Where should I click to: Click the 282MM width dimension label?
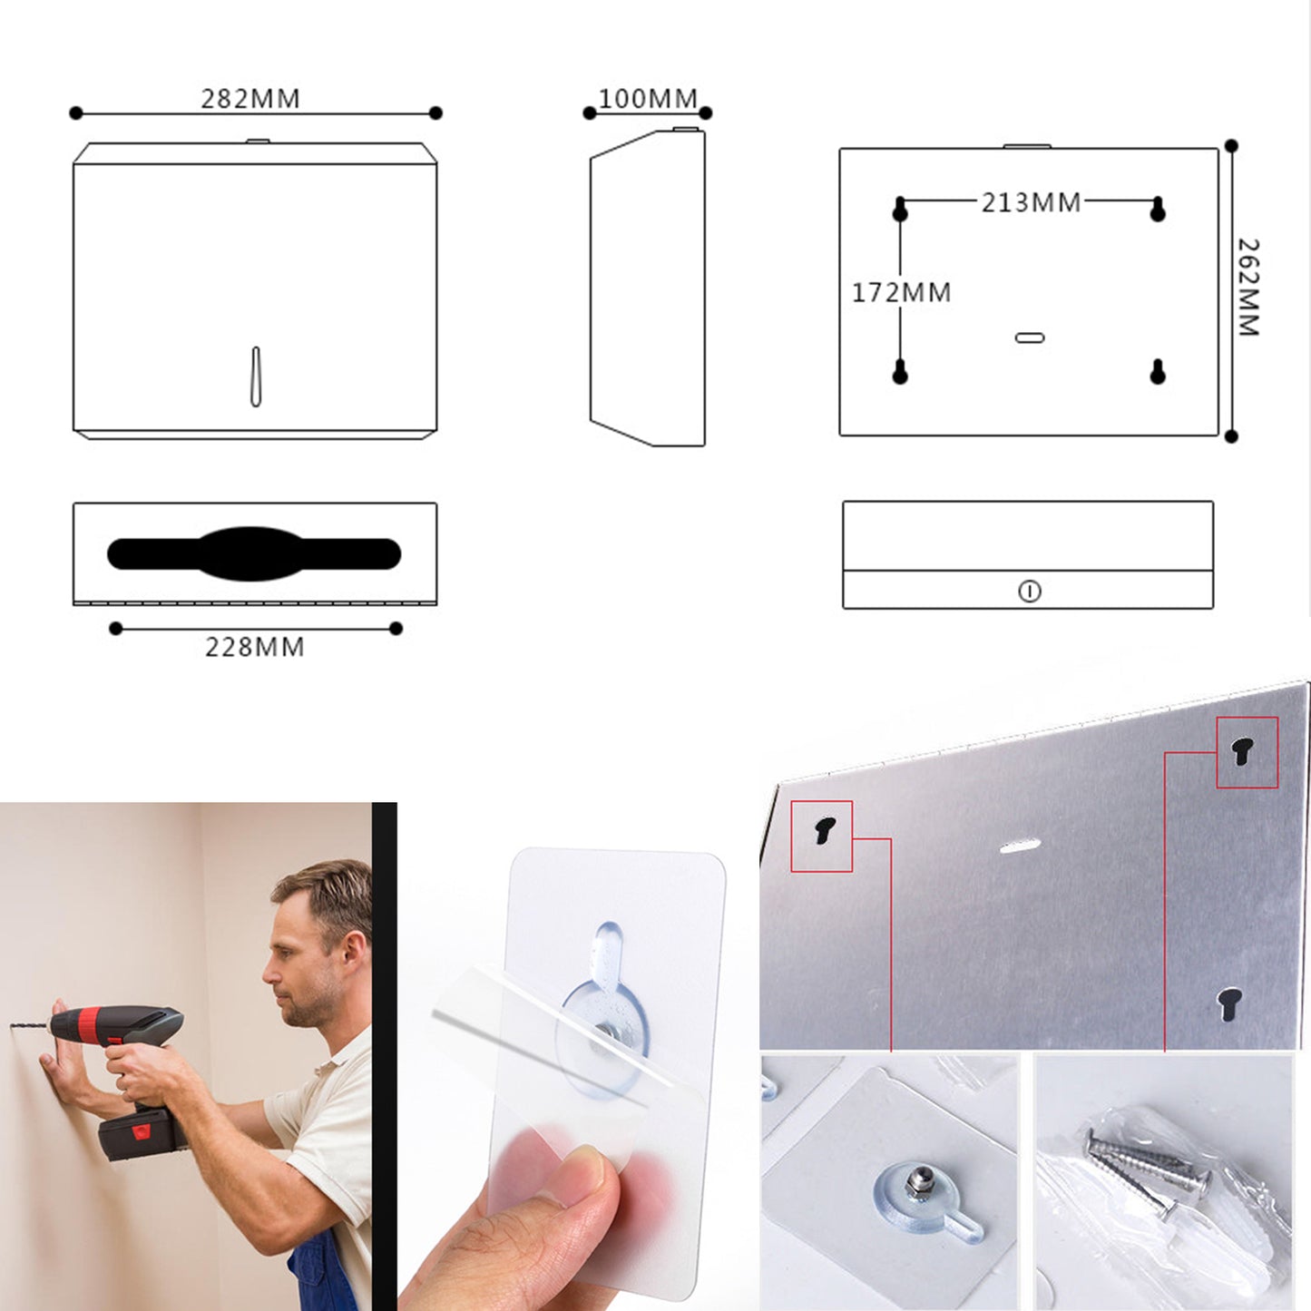click(250, 99)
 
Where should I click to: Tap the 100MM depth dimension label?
click(648, 99)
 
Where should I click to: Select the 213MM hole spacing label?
click(1031, 202)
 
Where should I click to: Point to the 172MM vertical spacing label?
click(902, 292)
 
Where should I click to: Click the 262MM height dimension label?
click(1248, 287)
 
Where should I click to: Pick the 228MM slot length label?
click(254, 647)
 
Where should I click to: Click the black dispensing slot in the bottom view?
click(254, 553)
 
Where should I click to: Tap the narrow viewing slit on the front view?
click(256, 377)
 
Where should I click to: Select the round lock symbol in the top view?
click(1030, 592)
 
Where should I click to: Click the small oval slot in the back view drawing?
click(1030, 338)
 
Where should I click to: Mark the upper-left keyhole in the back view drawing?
click(900, 209)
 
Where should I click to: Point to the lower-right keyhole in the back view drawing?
click(1158, 371)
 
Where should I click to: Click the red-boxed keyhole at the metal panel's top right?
click(1243, 752)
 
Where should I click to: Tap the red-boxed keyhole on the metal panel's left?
click(825, 830)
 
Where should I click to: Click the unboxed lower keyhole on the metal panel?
click(1229, 1003)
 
